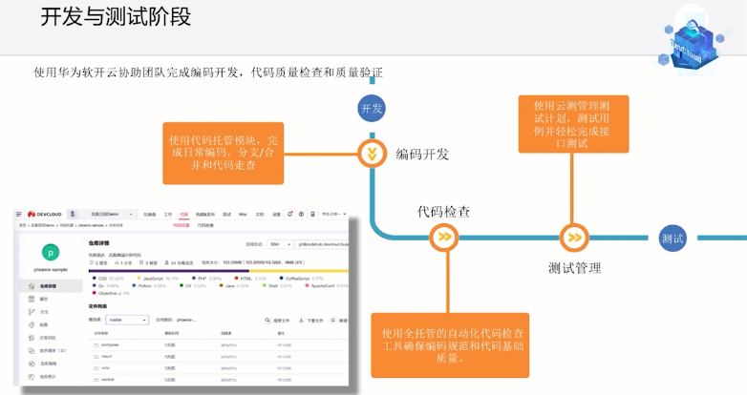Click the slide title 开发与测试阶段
coord(116,17)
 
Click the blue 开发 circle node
coord(371,109)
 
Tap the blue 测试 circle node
coord(672,238)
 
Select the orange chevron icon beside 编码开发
coord(371,153)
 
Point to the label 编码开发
coord(422,154)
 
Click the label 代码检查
coord(443,211)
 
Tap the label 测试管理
coord(575,268)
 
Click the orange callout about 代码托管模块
coord(224,153)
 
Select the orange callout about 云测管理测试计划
coord(573,123)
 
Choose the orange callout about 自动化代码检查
coord(453,343)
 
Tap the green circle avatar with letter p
coord(50,253)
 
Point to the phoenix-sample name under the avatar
coord(50,270)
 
